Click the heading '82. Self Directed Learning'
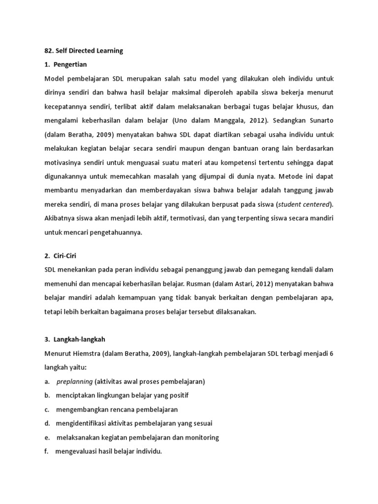pyautogui.click(x=83, y=51)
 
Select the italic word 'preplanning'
pyautogui.click(x=75, y=381)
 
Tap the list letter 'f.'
pyautogui.click(x=46, y=451)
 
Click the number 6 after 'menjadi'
pyautogui.click(x=332, y=354)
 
